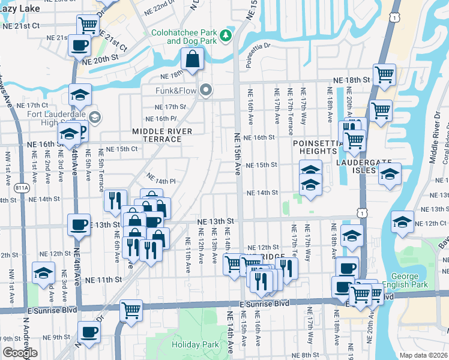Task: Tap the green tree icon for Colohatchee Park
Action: [x=226, y=36]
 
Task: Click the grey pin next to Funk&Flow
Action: [x=206, y=91]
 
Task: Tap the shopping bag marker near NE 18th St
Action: [x=191, y=58]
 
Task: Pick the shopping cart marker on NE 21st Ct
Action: [x=88, y=25]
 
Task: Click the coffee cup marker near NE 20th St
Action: [x=79, y=44]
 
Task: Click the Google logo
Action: [x=20, y=352]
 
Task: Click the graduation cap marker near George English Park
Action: [x=402, y=222]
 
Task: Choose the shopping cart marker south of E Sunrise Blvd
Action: [x=131, y=310]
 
